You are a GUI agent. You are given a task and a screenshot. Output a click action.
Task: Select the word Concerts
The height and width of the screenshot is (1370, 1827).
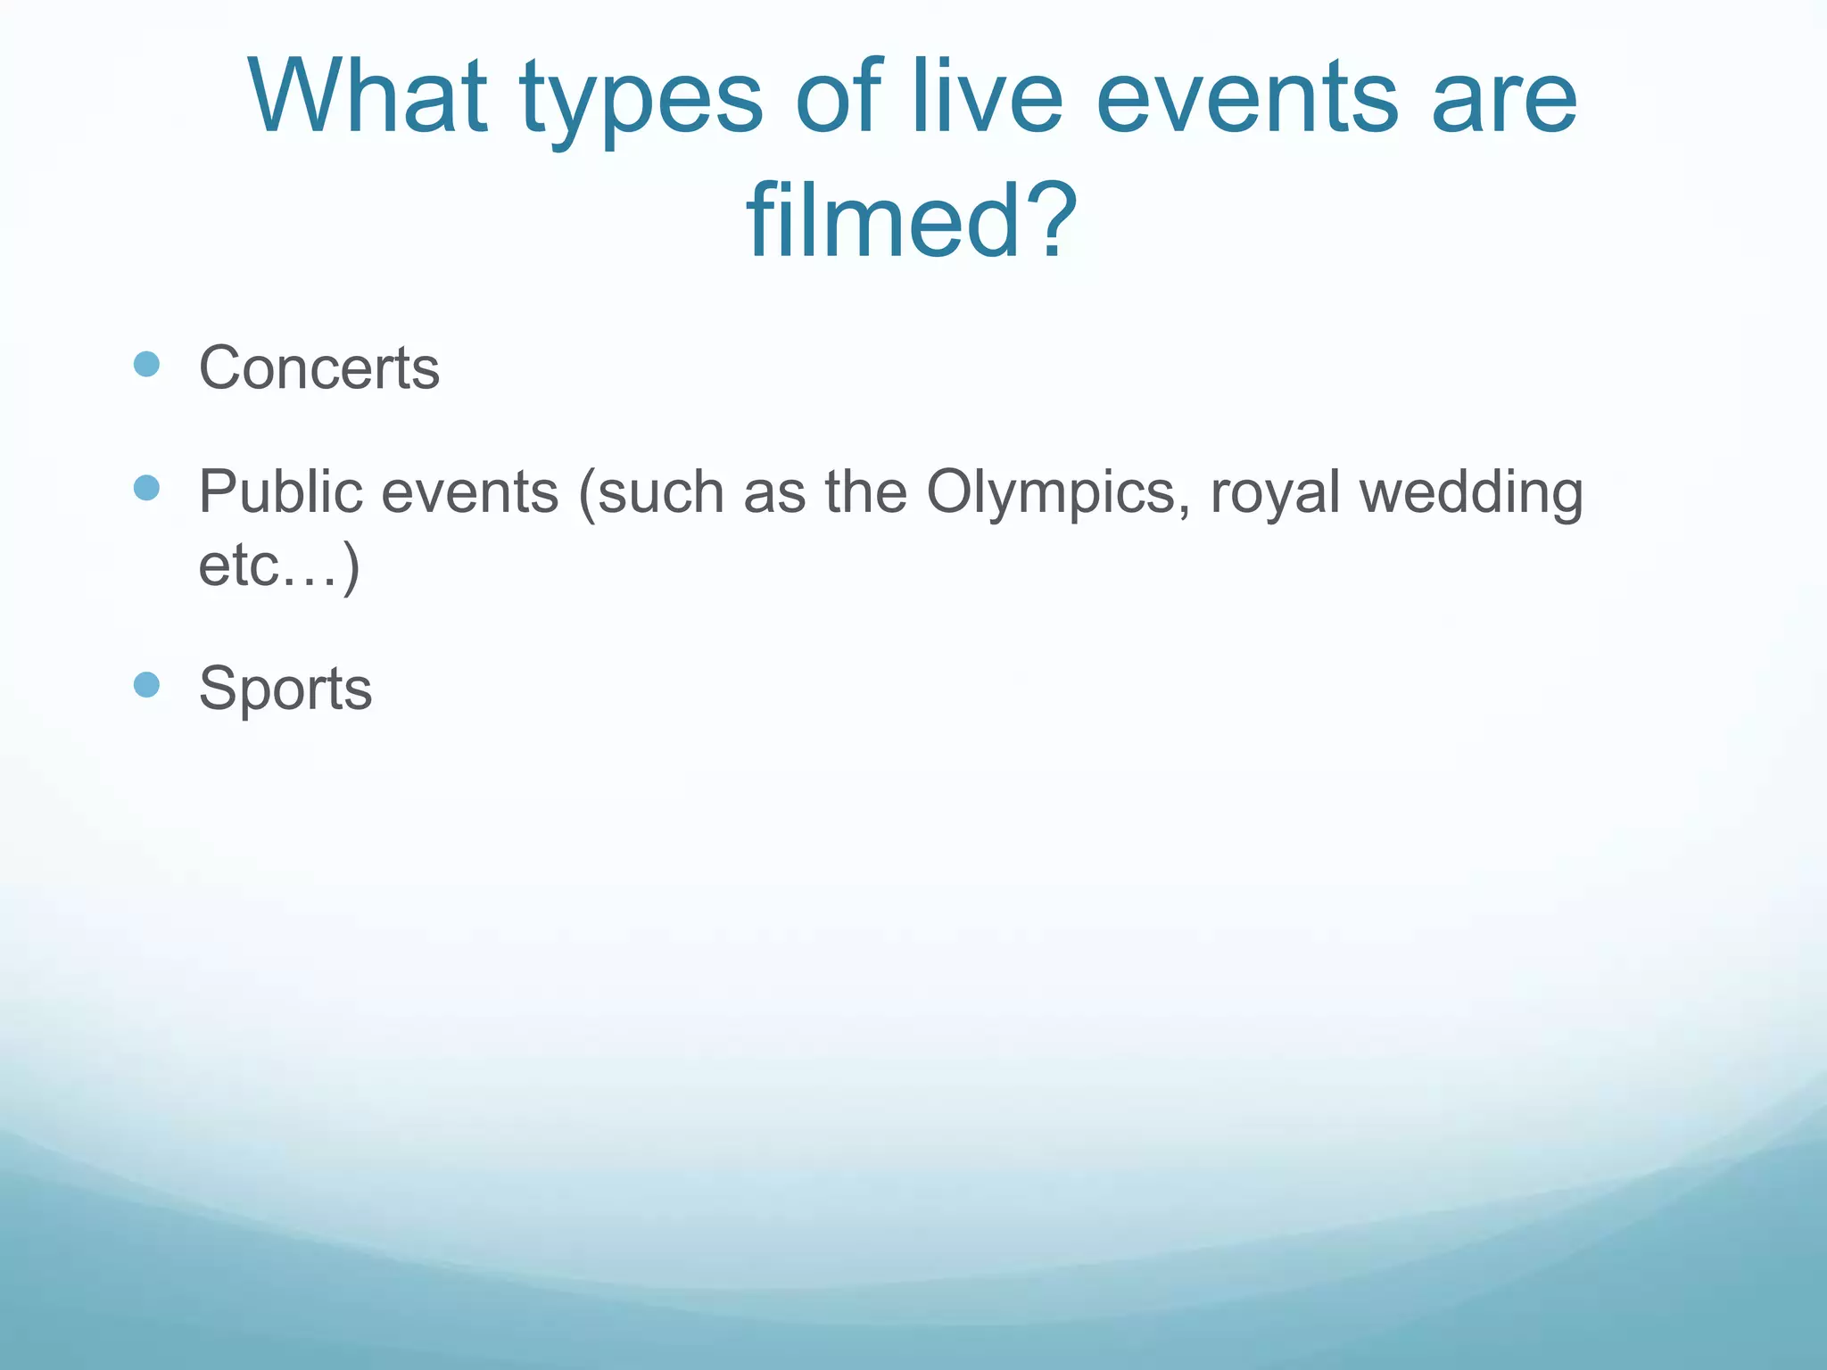pyautogui.click(x=318, y=367)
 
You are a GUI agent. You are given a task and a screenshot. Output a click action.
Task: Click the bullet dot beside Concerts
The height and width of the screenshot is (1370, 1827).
pyautogui.click(x=146, y=364)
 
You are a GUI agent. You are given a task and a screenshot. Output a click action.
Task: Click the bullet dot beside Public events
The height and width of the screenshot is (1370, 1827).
pyautogui.click(x=146, y=488)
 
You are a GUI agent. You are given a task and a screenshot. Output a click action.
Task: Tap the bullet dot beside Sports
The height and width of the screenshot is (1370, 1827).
pyautogui.click(x=146, y=685)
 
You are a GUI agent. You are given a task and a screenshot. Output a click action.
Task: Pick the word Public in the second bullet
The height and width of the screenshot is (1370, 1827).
pyautogui.click(x=280, y=492)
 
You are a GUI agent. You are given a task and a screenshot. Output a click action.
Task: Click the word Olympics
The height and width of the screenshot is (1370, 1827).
pyautogui.click(x=1058, y=493)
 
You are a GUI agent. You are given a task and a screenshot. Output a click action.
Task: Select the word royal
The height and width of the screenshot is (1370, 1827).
pyautogui.click(x=1275, y=493)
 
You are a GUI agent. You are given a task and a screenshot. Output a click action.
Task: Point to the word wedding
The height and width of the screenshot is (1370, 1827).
pyautogui.click(x=1471, y=493)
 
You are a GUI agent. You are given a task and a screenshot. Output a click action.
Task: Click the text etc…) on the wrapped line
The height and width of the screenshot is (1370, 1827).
pyautogui.click(x=279, y=565)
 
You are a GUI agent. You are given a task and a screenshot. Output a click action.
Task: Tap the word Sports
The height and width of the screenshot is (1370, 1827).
pyautogui.click(x=285, y=689)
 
